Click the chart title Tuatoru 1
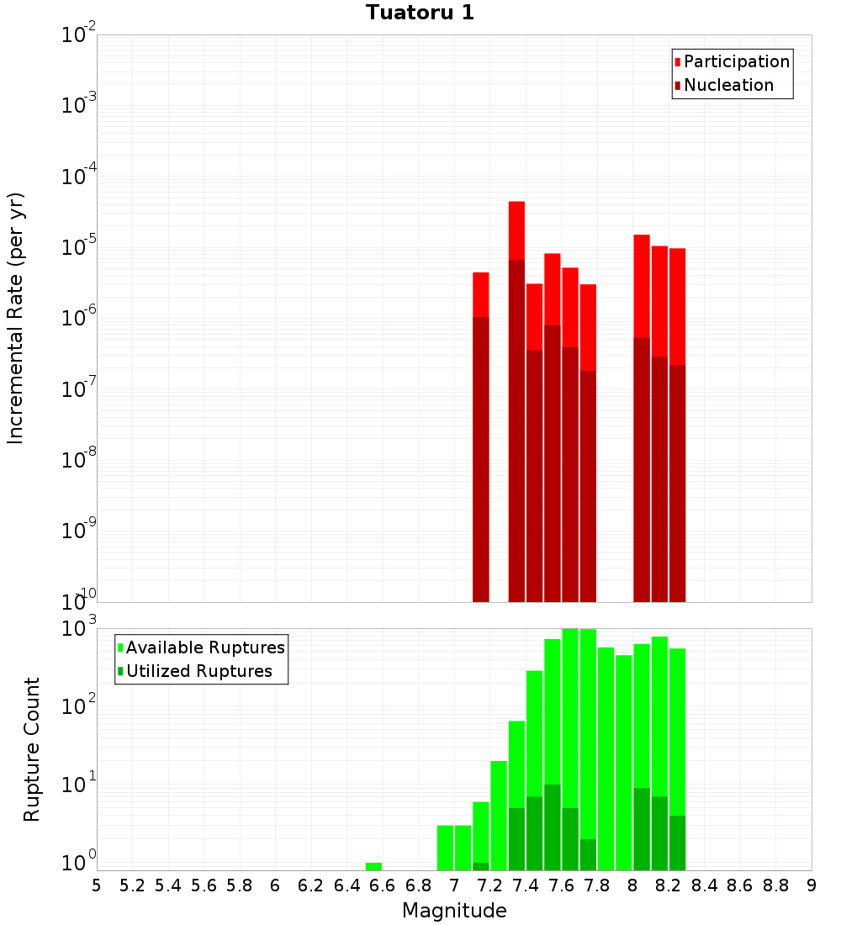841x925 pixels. [x=420, y=13]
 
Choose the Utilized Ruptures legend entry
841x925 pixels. [x=198, y=671]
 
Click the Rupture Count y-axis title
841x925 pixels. [x=32, y=748]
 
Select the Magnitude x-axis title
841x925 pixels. [x=454, y=911]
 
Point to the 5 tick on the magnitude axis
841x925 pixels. [x=97, y=885]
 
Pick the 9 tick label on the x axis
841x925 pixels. [x=812, y=885]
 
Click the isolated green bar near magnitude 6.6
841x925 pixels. [x=373, y=866]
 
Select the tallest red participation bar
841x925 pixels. [x=516, y=231]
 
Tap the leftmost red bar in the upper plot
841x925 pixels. [x=481, y=294]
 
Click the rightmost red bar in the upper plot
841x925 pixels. [x=677, y=307]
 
